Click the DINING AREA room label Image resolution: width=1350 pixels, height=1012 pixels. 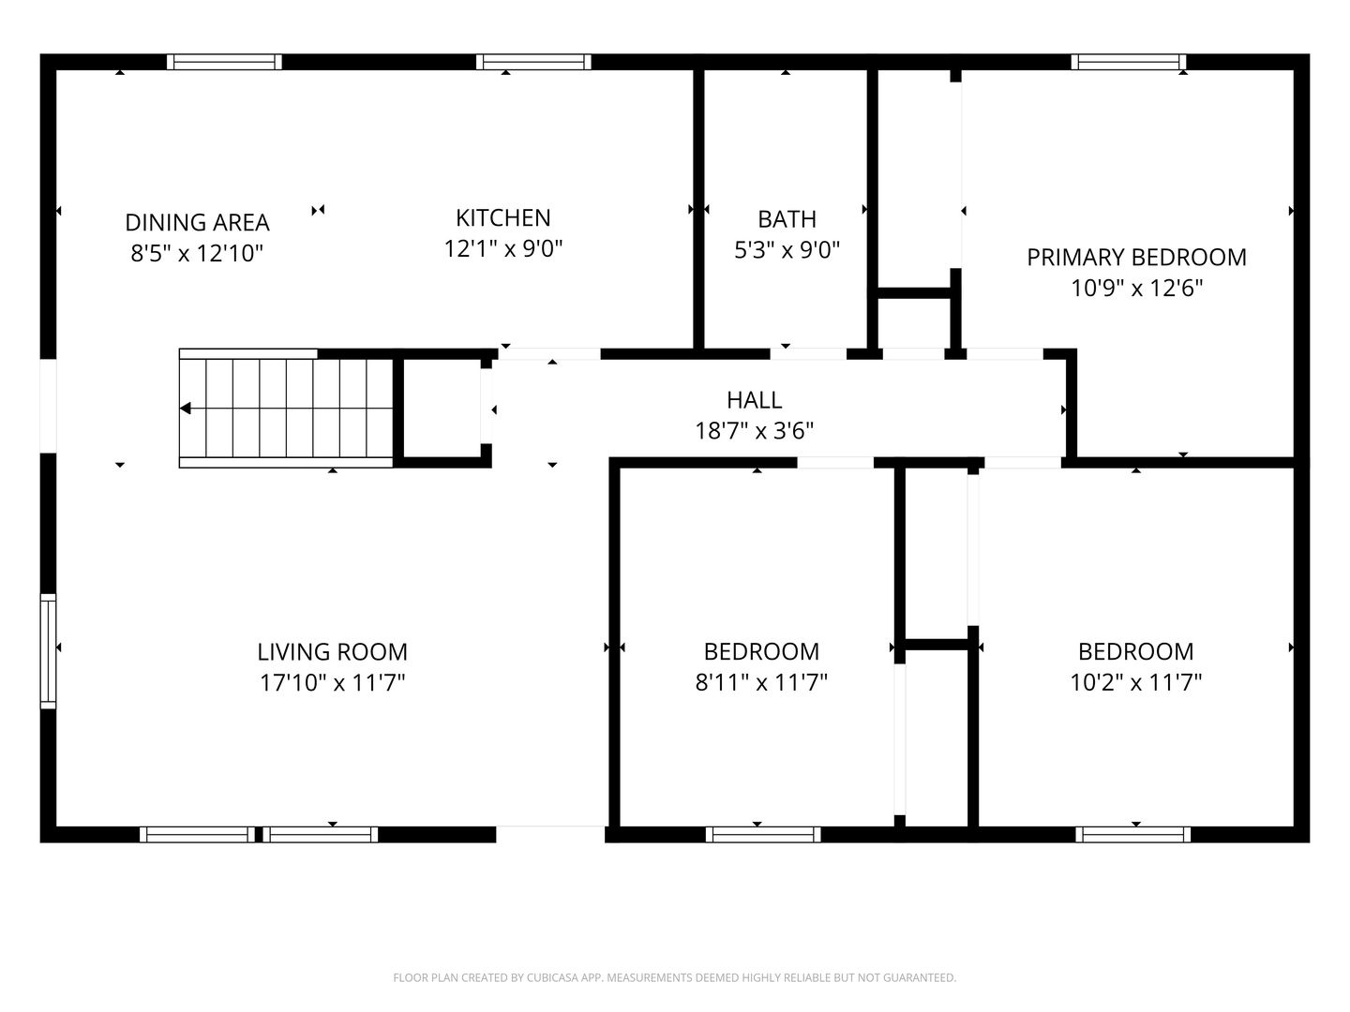point(197,222)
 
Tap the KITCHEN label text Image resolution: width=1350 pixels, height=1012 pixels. point(503,218)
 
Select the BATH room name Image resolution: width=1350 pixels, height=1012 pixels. point(787,219)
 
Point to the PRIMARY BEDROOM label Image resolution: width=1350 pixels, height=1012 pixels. point(1136,258)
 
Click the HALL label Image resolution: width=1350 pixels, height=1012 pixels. point(754,401)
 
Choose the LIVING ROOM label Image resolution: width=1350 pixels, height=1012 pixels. point(332,652)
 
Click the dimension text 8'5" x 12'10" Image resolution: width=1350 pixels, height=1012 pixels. point(197,253)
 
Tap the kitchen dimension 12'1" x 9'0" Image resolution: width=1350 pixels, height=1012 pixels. point(503,249)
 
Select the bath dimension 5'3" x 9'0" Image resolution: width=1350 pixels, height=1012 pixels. point(787,250)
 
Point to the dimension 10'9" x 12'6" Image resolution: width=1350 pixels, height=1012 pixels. point(1136,289)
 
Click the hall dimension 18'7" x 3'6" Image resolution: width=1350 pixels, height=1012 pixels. point(754,431)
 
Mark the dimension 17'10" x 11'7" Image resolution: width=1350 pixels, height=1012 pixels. point(332,683)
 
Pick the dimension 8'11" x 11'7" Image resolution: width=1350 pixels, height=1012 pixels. point(761,683)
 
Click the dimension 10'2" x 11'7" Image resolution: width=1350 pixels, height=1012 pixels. point(1136,683)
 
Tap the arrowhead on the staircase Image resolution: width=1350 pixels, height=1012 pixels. point(185,409)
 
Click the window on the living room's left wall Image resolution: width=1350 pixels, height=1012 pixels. point(48,651)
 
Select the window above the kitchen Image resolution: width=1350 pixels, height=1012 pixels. point(533,62)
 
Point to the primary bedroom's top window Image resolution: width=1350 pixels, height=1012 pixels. point(1129,62)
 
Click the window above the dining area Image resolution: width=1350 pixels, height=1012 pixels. point(224,62)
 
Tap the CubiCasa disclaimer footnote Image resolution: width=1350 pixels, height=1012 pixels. point(675,977)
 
